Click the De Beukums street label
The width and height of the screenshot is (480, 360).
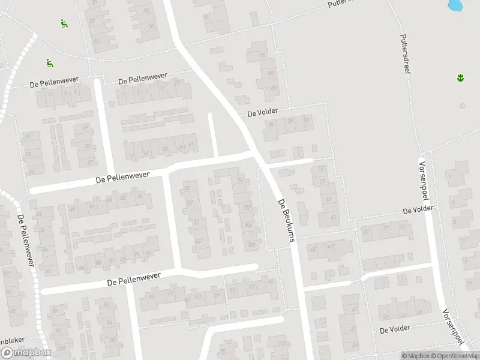point(287,220)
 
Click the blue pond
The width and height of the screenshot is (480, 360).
point(455,5)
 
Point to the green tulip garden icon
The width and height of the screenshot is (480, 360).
point(460,77)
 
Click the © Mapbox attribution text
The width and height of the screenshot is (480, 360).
point(415,356)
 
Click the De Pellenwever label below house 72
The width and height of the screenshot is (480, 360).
point(134,279)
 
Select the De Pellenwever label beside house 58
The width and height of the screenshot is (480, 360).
point(26,244)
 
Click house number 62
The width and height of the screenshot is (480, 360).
point(48,271)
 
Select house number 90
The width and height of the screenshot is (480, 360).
point(262,56)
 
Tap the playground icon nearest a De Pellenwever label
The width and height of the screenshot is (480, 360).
point(50,62)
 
